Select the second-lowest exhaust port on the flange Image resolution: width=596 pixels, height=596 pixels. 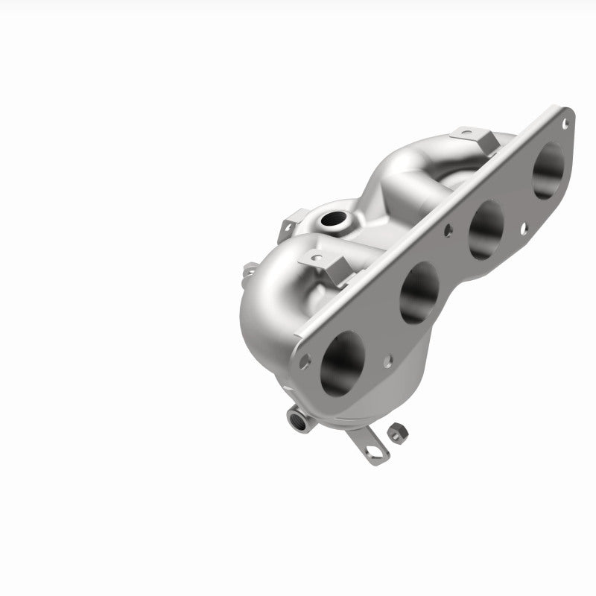tap(419, 292)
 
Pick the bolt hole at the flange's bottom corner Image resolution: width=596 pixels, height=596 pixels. tap(305, 358)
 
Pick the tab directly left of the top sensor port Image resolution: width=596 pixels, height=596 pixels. tap(290, 221)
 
